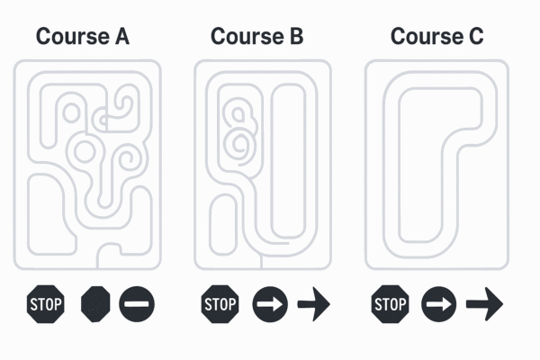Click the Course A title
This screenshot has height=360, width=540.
pyautogui.click(x=83, y=37)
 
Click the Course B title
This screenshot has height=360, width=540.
pyautogui.click(x=256, y=37)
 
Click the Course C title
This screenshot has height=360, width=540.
pyautogui.click(x=437, y=37)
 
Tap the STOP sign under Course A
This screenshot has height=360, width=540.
pyautogui.click(x=46, y=304)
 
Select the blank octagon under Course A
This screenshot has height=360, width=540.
pyautogui.click(x=95, y=304)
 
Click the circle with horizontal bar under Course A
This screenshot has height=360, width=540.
pyautogui.click(x=137, y=304)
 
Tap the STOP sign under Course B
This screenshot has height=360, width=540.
pyautogui.click(x=220, y=304)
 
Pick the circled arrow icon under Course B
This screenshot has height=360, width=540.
pyautogui.click(x=270, y=304)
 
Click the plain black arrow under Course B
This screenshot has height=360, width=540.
pyautogui.click(x=314, y=304)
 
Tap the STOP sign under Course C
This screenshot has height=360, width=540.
pyautogui.click(x=391, y=304)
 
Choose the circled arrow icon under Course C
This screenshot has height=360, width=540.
pyautogui.click(x=439, y=304)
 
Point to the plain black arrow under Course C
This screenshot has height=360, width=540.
pyautogui.click(x=484, y=304)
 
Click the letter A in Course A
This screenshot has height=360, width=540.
pyautogui.click(x=122, y=37)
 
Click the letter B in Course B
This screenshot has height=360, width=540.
pyautogui.click(x=296, y=37)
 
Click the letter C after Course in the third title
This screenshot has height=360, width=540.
pyautogui.click(x=476, y=37)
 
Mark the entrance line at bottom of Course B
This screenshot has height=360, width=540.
pyautogui.click(x=261, y=262)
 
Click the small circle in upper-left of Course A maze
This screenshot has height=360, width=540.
pyautogui.click(x=72, y=112)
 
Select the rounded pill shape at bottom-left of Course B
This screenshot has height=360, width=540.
pyautogui.click(x=223, y=225)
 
